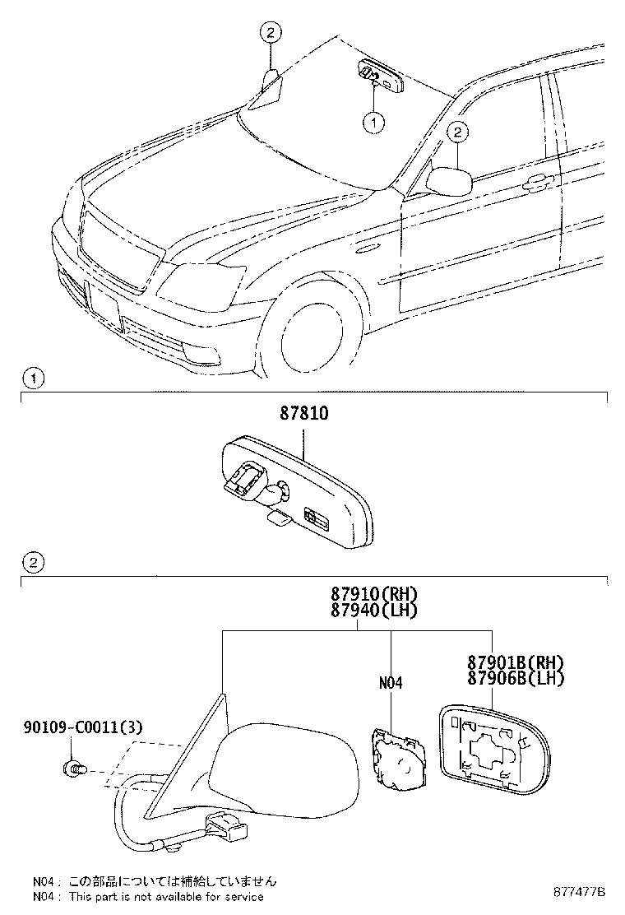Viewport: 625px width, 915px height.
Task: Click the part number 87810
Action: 303,414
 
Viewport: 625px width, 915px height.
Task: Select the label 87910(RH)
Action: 374,594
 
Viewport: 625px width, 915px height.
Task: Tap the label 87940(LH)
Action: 374,611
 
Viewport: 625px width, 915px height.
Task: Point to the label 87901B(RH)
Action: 516,662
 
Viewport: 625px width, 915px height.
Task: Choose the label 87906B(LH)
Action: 516,679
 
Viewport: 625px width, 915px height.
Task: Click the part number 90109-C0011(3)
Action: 83,727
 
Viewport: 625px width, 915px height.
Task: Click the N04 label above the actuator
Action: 390,683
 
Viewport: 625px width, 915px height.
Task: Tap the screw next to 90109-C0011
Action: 74,769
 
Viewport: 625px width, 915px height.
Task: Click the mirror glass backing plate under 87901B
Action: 494,750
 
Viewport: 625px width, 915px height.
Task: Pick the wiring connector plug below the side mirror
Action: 224,828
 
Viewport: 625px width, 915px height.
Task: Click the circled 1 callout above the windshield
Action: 373,123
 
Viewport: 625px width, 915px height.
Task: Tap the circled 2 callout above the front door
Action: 458,132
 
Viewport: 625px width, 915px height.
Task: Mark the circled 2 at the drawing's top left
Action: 271,33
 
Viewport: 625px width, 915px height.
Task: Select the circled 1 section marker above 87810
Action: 33,379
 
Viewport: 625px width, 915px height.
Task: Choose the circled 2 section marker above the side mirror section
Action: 33,563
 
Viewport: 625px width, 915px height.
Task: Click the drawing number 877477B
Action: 580,892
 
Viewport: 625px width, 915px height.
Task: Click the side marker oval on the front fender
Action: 367,250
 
